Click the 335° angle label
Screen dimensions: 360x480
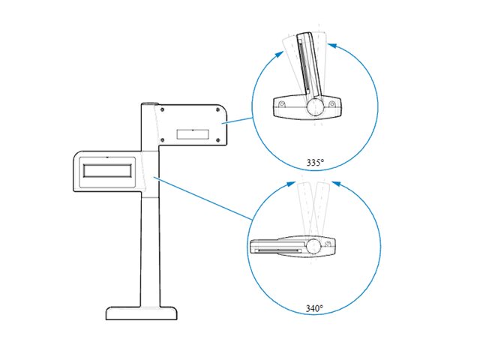316,162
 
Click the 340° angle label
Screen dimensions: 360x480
315,307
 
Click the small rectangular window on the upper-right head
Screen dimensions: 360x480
193,133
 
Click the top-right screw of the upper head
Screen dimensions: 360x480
217,109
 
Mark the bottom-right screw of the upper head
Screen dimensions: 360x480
217,141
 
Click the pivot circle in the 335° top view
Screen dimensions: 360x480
315,107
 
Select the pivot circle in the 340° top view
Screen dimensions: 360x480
315,246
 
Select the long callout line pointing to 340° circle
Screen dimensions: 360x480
202,197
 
